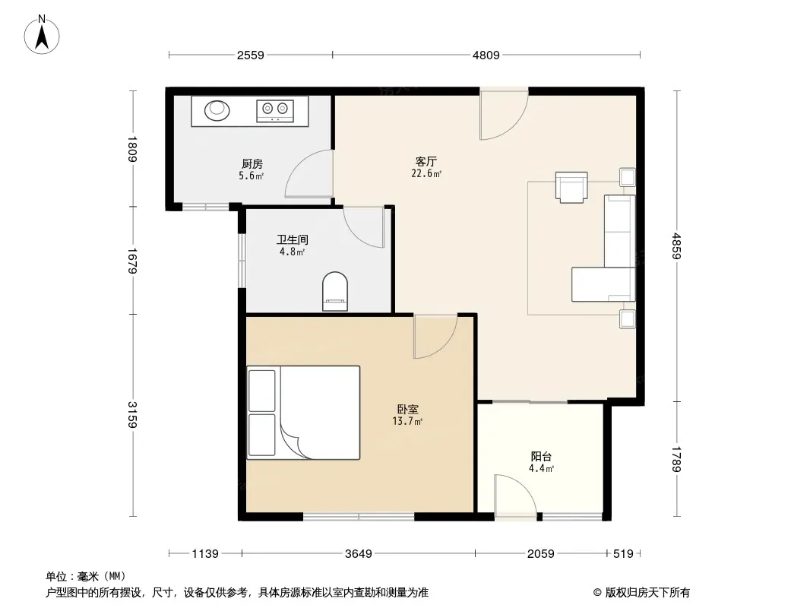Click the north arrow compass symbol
coord(42,35)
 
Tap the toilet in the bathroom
coord(335,291)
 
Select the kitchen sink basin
coord(217,110)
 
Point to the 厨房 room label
coord(252,163)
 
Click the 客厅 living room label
coord(426,161)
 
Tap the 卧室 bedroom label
coord(407,409)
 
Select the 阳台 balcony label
coord(541,457)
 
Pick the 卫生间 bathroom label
coord(293,239)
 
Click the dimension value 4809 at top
coord(486,55)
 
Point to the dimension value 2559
coord(251,55)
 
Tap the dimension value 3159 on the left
coord(132,415)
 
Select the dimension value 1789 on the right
coord(676,459)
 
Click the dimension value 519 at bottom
coord(623,554)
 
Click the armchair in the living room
coord(571,187)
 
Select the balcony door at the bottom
coord(515,494)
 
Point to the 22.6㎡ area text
coord(426,173)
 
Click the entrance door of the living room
coord(504,114)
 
